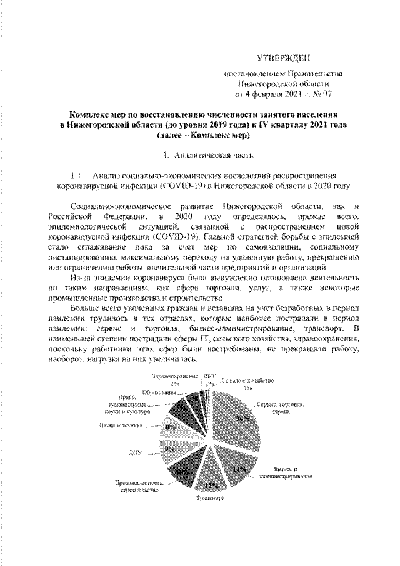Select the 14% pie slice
click(238, 468)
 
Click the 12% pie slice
click(208, 483)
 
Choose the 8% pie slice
click(170, 428)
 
